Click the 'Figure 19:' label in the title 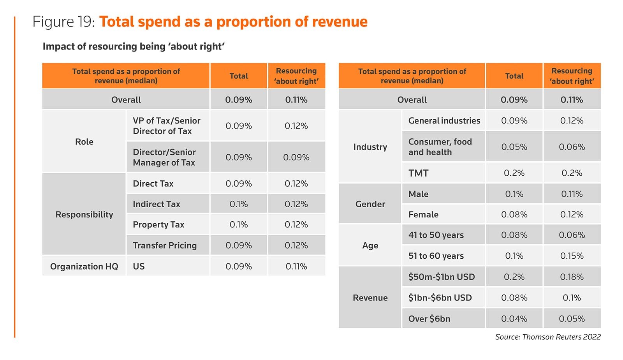click(x=63, y=22)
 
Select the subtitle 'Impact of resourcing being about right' click(x=134, y=46)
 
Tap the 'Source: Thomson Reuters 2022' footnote click(x=547, y=337)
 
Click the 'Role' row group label click(x=84, y=142)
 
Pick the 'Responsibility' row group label click(x=84, y=215)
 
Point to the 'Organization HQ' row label click(x=84, y=266)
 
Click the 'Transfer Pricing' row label click(x=165, y=245)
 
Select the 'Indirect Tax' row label click(x=157, y=204)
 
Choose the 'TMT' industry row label click(x=418, y=173)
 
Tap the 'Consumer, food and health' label click(x=440, y=147)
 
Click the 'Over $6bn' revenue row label click(x=429, y=319)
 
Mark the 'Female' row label click(x=423, y=215)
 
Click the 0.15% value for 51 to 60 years click(x=572, y=256)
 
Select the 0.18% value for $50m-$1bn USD click(x=572, y=277)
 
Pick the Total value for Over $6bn click(x=514, y=319)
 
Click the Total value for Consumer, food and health click(x=514, y=147)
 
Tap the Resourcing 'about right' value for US click(x=296, y=266)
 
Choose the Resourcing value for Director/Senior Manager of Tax click(x=296, y=157)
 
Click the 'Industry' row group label click(x=370, y=147)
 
